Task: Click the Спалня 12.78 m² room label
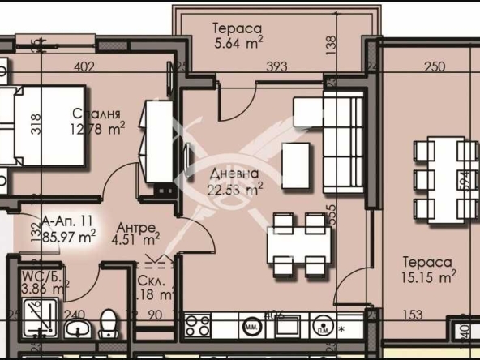coord(96,120)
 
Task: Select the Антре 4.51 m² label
coord(135,233)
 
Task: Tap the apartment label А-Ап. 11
coord(68,229)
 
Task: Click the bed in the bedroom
coord(41,127)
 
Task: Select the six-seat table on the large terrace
coord(445,179)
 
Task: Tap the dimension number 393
coord(278,67)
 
